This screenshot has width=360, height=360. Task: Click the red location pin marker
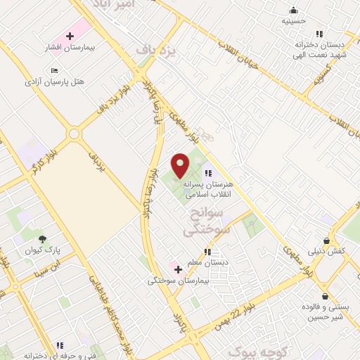coord(181,165)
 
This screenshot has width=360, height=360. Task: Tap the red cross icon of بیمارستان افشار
coord(70,36)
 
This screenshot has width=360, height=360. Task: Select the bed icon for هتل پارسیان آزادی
coord(55,71)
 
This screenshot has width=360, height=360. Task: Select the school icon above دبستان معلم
coord(207,252)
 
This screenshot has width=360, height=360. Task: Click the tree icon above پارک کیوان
coord(43,239)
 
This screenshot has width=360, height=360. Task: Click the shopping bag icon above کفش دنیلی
coord(328,240)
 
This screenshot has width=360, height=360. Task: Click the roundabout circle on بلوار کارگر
coord(74,134)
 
